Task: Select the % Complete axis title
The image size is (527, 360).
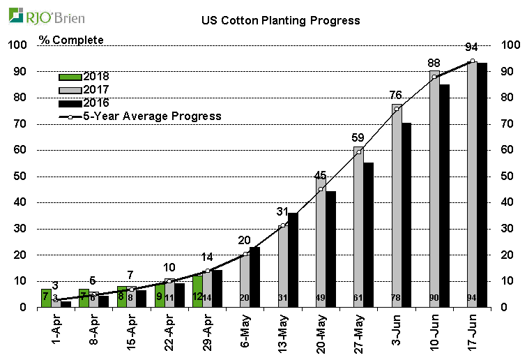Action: click(71, 40)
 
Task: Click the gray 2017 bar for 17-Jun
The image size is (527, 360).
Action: click(472, 188)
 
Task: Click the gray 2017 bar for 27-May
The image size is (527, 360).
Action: click(358, 230)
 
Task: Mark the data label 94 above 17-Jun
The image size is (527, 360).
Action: click(472, 47)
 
